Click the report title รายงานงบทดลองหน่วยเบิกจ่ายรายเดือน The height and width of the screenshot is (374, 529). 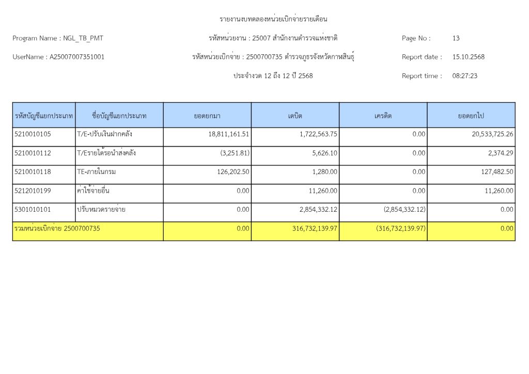pyautogui.click(x=274, y=19)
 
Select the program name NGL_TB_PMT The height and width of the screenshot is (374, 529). pyautogui.click(x=86, y=38)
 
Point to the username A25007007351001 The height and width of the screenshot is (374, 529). pyautogui.click(x=77, y=57)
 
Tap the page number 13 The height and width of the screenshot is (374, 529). pyautogui.click(x=456, y=38)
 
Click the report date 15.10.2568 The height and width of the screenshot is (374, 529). pyautogui.click(x=468, y=57)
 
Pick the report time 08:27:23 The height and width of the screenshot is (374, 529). pyautogui.click(x=464, y=75)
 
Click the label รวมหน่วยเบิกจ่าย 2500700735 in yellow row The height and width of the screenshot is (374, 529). pyautogui.click(x=57, y=228)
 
